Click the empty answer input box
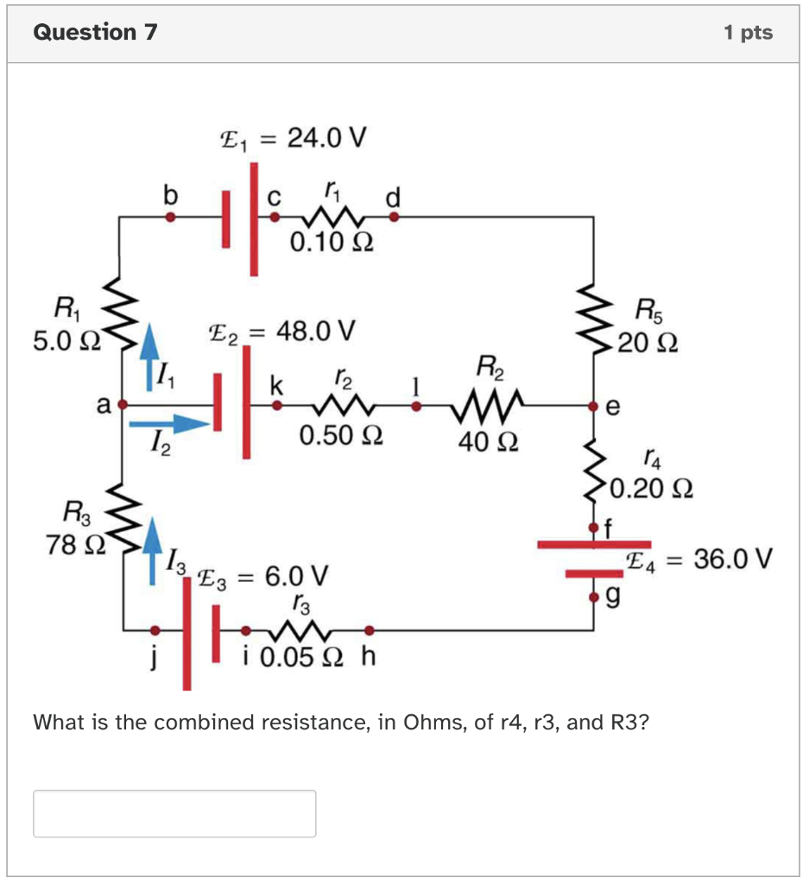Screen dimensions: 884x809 174,813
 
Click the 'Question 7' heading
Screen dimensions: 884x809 95,33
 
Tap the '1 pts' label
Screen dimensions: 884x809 749,33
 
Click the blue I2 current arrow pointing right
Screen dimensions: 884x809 169,423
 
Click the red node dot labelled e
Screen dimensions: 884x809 594,405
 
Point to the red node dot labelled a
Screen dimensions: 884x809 122,403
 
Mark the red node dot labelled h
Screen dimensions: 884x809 370,629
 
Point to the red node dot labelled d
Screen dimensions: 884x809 394,218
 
